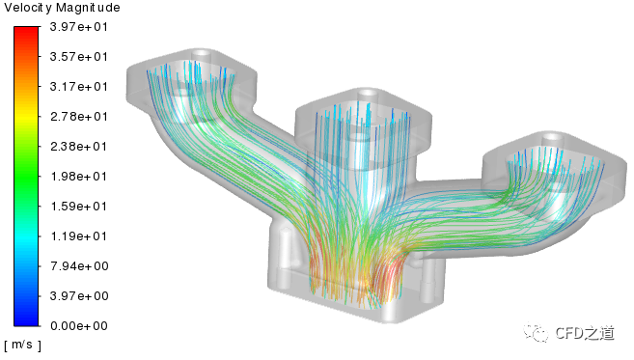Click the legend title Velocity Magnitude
coord(62,8)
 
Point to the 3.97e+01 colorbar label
coord(79,27)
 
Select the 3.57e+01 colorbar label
coord(79,57)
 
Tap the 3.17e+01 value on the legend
coord(79,87)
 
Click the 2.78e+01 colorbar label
coord(79,117)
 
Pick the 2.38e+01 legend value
coord(79,147)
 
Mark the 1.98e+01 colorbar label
coord(79,177)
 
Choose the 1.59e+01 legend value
coord(79,207)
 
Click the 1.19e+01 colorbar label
coord(79,236)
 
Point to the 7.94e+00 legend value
coord(79,266)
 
